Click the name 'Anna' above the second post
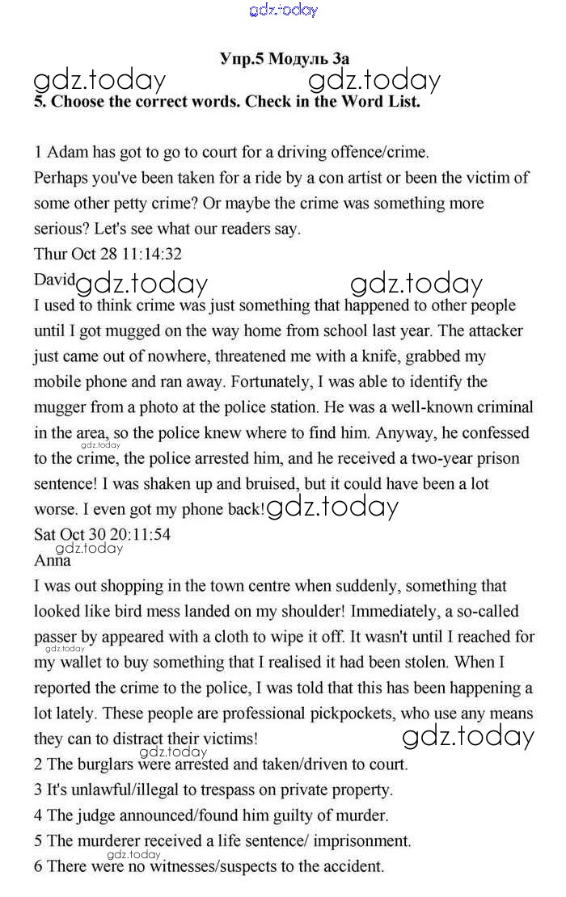pos(53,561)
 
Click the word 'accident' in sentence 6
pos(349,867)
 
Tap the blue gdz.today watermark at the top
pos(284,11)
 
